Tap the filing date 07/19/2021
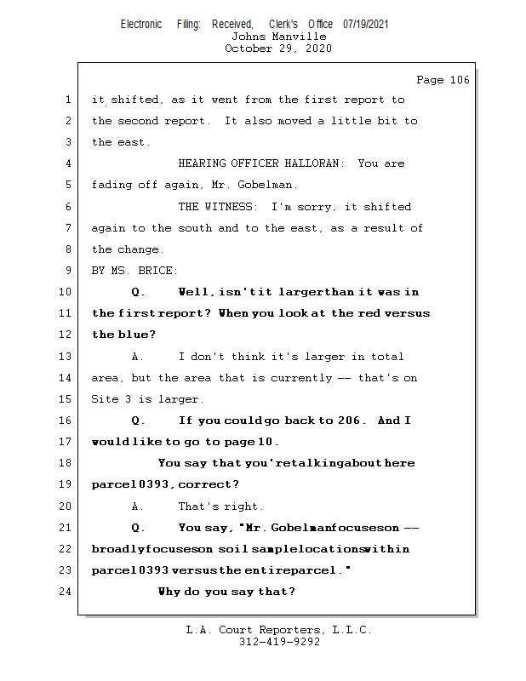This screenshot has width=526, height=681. [x=366, y=25]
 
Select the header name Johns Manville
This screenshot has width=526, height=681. [x=278, y=37]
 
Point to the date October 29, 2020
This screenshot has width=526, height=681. [x=278, y=49]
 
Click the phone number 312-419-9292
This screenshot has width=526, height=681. [x=279, y=642]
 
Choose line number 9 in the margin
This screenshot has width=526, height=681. [x=67, y=271]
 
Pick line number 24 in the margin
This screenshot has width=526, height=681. [x=64, y=592]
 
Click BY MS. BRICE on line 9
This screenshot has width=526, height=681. [x=134, y=271]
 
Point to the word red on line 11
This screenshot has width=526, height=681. [x=369, y=313]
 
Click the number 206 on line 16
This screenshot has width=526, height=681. [x=350, y=421]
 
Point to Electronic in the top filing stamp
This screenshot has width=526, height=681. [x=141, y=25]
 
